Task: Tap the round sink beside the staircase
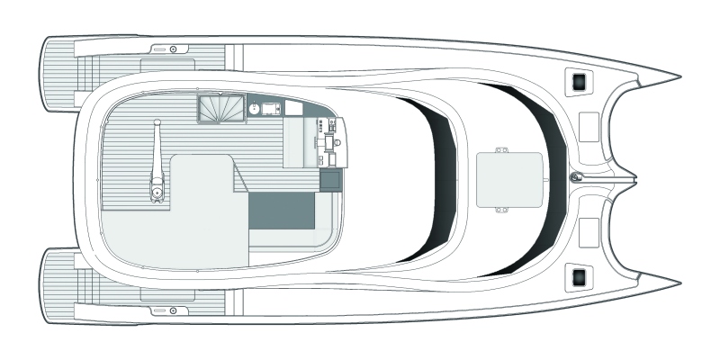(x=255, y=110)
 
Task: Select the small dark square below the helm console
(x=331, y=180)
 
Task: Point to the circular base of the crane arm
(x=157, y=191)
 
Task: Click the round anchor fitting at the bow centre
(x=577, y=177)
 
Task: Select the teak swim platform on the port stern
(x=61, y=67)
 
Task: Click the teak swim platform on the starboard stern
(x=61, y=290)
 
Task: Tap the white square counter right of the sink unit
(x=293, y=110)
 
